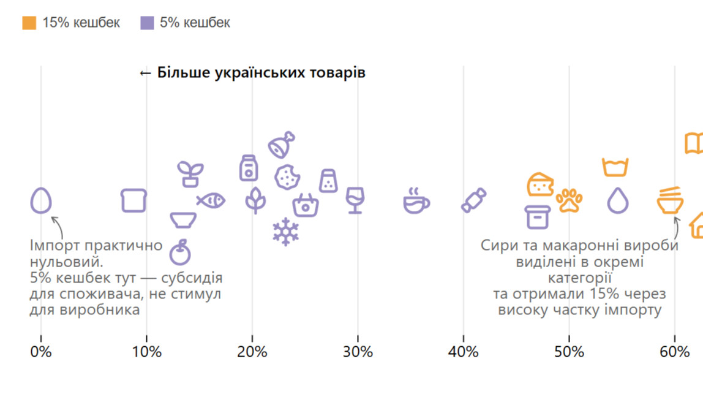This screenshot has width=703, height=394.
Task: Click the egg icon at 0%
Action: click(x=41, y=200)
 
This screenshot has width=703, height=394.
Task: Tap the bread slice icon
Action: click(x=133, y=200)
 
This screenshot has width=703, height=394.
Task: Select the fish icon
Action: click(x=211, y=200)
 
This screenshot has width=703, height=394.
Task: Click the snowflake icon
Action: click(x=285, y=232)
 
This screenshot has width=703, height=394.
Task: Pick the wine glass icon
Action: click(x=355, y=200)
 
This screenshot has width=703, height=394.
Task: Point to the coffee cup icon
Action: click(x=416, y=201)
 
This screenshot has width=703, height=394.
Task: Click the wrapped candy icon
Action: click(x=473, y=200)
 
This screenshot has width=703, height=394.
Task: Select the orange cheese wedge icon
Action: click(x=540, y=184)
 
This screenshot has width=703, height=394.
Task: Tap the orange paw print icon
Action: click(x=570, y=200)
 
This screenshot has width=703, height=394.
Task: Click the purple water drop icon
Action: click(x=618, y=200)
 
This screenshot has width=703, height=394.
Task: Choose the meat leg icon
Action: click(x=282, y=145)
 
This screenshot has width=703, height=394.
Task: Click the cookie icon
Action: click(x=287, y=177)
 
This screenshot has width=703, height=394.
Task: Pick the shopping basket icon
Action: click(x=306, y=205)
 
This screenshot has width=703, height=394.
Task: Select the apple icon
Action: click(x=180, y=252)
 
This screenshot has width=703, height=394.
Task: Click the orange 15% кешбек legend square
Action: click(x=29, y=23)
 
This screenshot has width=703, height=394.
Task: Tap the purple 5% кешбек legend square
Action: click(x=147, y=23)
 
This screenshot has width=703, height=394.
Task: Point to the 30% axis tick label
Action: click(x=358, y=352)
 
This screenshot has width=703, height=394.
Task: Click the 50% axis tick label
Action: click(x=569, y=352)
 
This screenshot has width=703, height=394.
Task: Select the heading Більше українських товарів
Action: click(x=252, y=73)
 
